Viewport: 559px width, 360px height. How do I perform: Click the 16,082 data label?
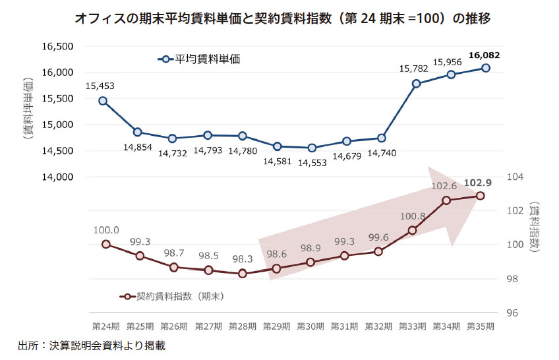point(485,55)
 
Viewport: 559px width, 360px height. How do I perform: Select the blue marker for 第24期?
point(103,101)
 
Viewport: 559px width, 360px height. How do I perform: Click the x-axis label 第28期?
point(242,326)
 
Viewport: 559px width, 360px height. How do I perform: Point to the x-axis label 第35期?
point(481,326)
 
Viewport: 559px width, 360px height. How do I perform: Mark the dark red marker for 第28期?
point(243,274)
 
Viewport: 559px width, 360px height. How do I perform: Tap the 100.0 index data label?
point(106,230)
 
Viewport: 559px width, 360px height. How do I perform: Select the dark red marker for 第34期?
point(446,200)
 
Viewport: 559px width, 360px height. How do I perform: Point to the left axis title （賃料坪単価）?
point(28,109)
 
